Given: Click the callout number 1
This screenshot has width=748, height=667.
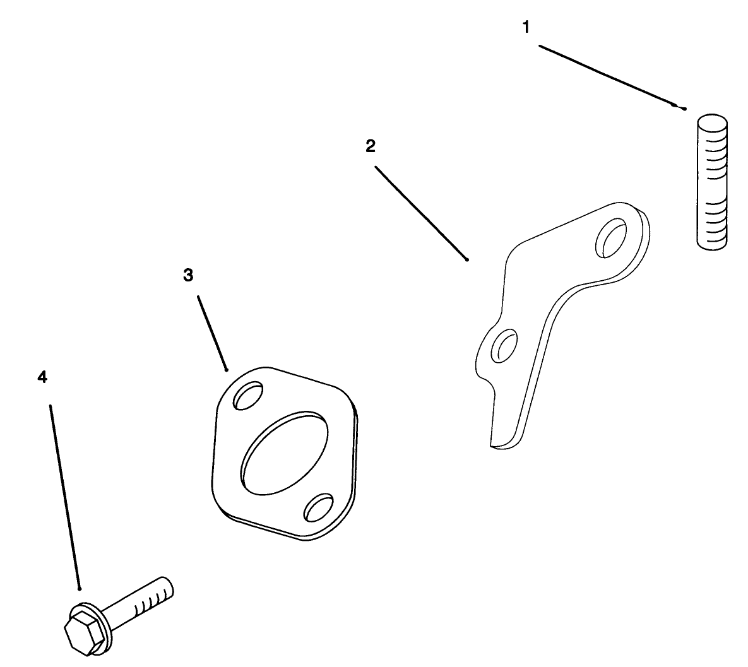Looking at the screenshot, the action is coord(526,28).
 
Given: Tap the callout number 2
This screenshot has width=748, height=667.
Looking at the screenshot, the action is coord(371,146).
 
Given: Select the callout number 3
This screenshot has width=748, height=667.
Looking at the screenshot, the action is coord(189,275).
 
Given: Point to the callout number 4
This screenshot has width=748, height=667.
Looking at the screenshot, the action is coord(42,377).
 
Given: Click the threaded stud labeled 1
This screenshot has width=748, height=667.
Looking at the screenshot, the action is coord(712,182).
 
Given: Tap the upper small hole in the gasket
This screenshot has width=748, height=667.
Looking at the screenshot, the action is coord(248,395).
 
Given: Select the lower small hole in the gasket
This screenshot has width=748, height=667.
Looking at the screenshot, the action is coord(319,508).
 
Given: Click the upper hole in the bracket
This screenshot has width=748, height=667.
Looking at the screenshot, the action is coord(612,238).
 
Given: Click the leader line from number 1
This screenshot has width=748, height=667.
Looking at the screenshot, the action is coord(612,77).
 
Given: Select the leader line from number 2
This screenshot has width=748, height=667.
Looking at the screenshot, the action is coord(422,213).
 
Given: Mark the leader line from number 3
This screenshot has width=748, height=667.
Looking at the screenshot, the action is coord(212,333).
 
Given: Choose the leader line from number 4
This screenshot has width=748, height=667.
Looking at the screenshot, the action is coord(65,497).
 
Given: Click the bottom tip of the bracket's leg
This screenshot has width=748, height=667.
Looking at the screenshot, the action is coord(494,446).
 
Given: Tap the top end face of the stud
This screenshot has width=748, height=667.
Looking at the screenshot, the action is coord(713,121).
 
